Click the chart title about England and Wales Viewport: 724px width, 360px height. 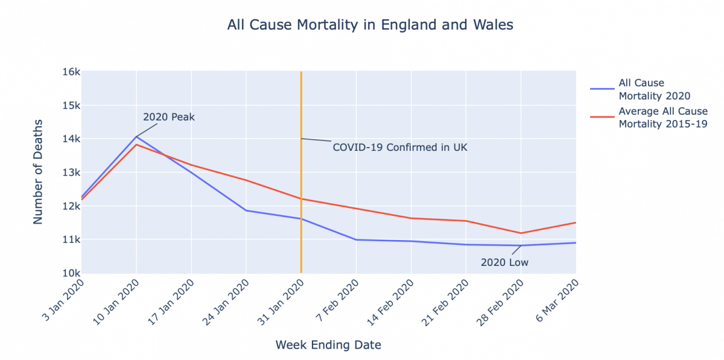click(370, 25)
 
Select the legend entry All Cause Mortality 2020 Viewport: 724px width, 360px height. click(654, 89)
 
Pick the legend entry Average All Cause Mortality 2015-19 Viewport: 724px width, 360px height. click(662, 118)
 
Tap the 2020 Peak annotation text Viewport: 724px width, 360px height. click(169, 117)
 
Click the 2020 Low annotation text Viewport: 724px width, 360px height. click(504, 262)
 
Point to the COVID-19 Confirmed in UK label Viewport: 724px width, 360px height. click(400, 147)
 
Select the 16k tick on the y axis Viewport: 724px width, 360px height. click(71, 72)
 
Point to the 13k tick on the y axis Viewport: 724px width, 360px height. click(71, 172)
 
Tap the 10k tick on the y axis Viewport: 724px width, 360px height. click(71, 273)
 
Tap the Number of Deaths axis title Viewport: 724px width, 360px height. click(38, 172)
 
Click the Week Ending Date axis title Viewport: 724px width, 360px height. click(328, 345)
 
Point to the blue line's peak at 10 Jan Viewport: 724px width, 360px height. click(136, 137)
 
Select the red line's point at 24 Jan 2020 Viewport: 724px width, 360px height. click(246, 180)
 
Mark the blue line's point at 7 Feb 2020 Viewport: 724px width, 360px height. click(356, 239)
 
